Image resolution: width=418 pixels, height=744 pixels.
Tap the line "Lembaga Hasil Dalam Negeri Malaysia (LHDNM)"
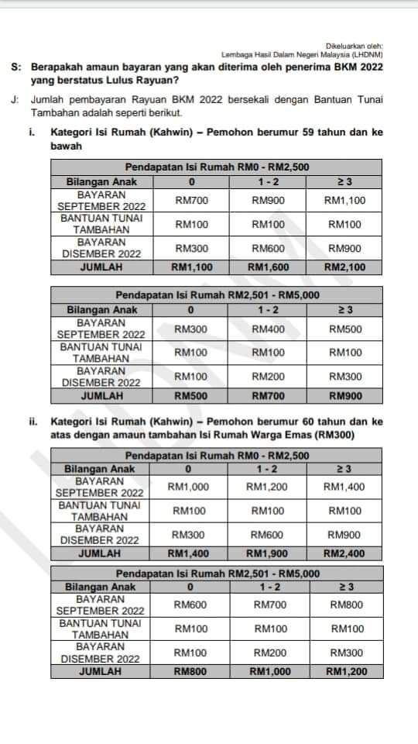[303, 56]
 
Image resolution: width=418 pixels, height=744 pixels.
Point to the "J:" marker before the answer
[16, 101]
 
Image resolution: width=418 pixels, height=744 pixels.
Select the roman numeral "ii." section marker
[34, 423]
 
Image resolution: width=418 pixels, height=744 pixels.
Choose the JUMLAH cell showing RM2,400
[345, 553]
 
